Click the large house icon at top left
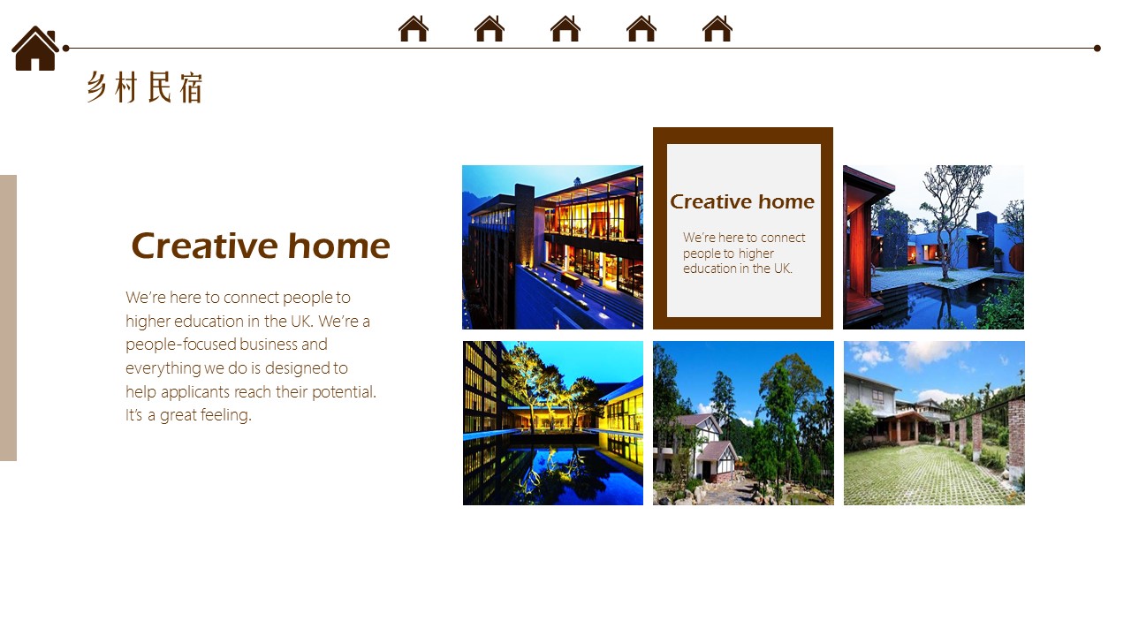35,49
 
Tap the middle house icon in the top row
565,28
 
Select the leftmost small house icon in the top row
413,28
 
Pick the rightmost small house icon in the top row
717,28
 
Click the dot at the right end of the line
1097,49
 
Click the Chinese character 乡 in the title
97,87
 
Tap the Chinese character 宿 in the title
191,87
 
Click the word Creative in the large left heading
204,246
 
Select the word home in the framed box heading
786,202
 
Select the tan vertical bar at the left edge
8,317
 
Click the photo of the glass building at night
552,246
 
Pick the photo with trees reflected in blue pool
553,423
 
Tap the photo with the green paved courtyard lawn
934,423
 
